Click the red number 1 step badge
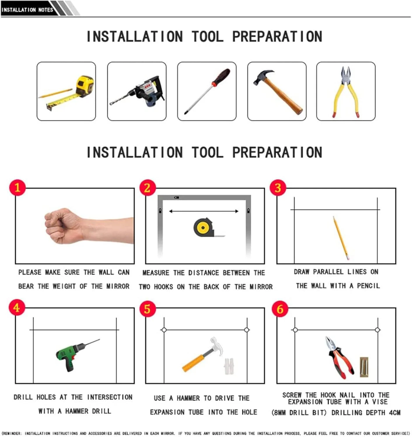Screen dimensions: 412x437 (18, 188)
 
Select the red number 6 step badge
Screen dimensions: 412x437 (280, 309)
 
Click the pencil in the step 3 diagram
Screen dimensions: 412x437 (341, 238)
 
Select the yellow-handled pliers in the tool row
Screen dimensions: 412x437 (346, 92)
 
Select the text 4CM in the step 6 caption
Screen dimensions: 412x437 (394, 412)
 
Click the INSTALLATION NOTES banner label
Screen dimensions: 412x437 (27, 10)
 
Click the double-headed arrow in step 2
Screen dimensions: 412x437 (204, 211)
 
